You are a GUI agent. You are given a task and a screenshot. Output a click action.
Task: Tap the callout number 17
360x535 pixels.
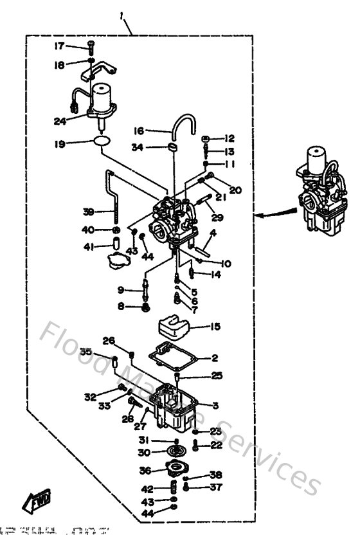tap(59, 46)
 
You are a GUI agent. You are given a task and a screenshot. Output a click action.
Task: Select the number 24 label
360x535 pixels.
tap(60, 120)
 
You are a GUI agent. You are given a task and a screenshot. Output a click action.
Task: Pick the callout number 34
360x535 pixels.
tap(137, 148)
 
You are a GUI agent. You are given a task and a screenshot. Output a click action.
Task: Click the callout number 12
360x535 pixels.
tap(230, 138)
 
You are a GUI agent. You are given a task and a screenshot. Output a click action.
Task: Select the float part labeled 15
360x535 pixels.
tap(175, 325)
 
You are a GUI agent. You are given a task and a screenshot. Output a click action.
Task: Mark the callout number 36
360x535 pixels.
tap(145, 470)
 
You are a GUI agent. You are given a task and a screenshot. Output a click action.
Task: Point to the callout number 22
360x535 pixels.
tap(215, 445)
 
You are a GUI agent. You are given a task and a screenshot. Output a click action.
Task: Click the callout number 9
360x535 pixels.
tap(121, 290)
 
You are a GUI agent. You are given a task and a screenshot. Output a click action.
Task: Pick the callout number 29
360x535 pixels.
tap(217, 217)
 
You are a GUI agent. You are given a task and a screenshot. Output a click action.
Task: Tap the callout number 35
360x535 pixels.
tap(85, 351)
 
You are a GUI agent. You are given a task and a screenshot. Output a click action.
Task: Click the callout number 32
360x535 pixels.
tap(90, 396)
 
